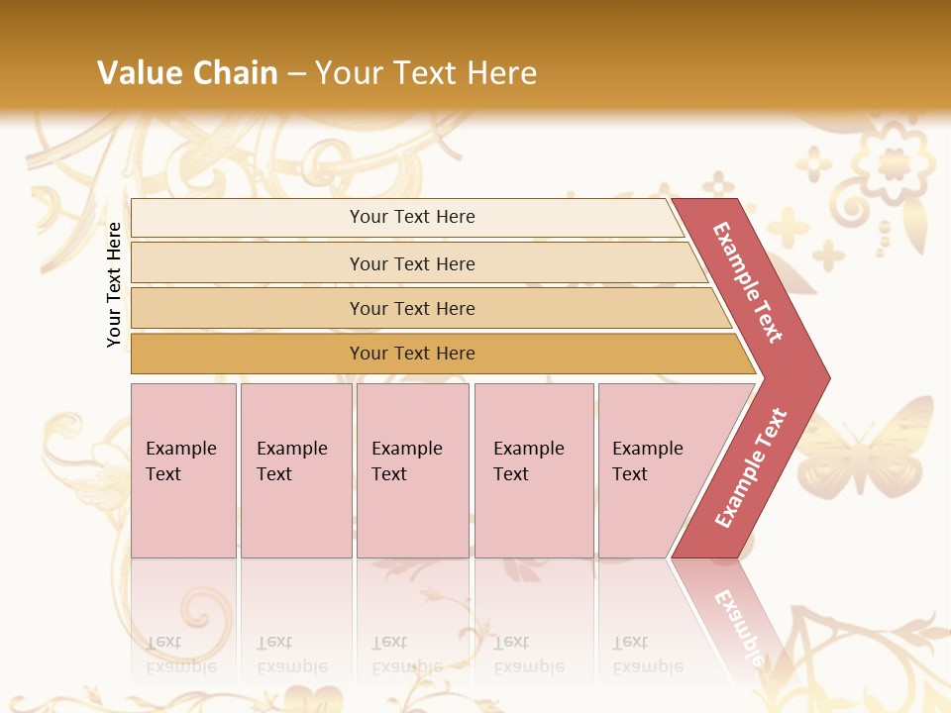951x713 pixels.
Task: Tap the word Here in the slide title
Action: pyautogui.click(x=501, y=72)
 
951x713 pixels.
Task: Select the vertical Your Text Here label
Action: pyautogui.click(x=114, y=284)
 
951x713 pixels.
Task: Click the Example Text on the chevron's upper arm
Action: pyautogui.click(x=748, y=282)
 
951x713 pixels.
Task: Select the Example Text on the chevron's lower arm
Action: pyautogui.click(x=751, y=468)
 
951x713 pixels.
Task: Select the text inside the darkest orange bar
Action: pyautogui.click(x=412, y=354)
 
